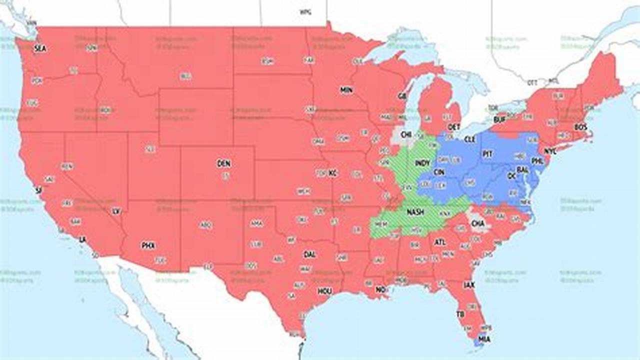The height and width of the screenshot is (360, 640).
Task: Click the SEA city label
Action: [x=39, y=48]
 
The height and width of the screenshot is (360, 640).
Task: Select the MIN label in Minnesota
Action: [x=346, y=90]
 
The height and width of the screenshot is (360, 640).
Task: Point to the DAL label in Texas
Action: [x=309, y=254]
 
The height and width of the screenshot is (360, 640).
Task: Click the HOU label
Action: [x=324, y=291]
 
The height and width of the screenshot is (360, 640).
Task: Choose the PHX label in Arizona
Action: [x=148, y=245]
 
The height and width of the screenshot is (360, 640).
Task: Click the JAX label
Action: [x=469, y=285]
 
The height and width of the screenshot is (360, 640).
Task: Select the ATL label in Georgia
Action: [x=440, y=242]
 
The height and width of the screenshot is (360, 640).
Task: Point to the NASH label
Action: [x=415, y=212]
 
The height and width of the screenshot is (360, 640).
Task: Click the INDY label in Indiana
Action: [x=422, y=163]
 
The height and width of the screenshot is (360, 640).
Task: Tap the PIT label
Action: [x=487, y=154]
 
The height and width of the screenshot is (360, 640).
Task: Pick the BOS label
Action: [x=580, y=127]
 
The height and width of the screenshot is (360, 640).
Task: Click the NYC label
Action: [x=550, y=151]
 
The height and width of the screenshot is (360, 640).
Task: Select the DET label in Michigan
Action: [x=454, y=127]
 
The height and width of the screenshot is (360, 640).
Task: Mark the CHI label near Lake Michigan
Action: [x=406, y=134]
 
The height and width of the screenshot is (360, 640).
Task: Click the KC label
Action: [x=333, y=173]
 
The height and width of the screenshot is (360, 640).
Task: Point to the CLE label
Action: [x=469, y=139]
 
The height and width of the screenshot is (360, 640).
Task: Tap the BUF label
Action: [x=499, y=120]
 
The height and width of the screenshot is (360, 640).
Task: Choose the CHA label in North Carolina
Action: [x=477, y=224]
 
